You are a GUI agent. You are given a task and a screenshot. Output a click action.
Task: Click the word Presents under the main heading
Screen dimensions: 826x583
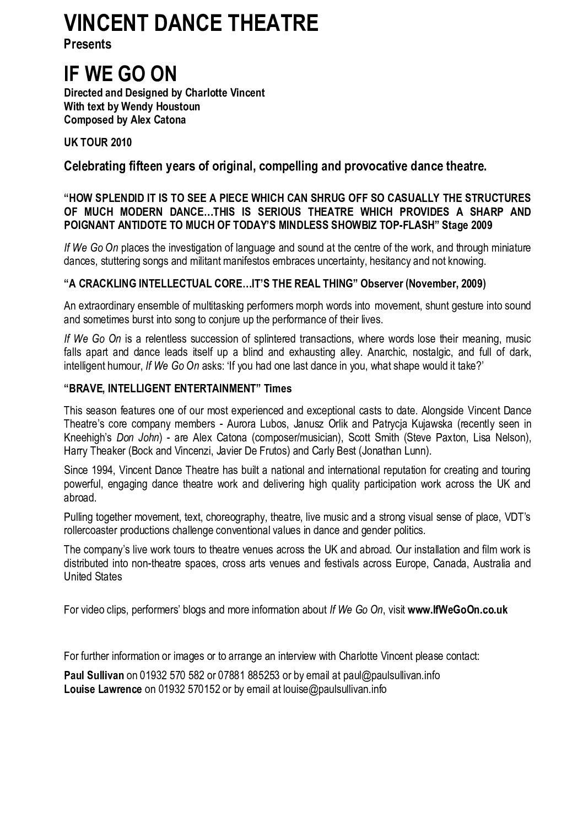click(x=88, y=44)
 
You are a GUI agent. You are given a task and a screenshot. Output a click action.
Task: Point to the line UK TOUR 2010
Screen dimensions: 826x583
click(x=98, y=142)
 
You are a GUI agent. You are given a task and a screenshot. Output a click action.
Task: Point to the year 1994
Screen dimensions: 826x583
click(x=102, y=470)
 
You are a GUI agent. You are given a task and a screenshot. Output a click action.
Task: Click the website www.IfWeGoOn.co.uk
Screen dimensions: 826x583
click(x=457, y=610)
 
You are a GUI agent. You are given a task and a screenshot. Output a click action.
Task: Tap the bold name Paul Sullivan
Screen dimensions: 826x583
click(x=94, y=675)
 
